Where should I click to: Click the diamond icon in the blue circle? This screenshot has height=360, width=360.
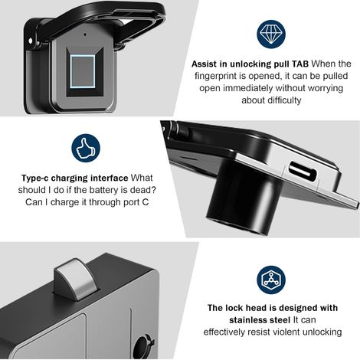[x=271, y=34]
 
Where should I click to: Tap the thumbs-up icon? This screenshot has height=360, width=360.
[x=86, y=148]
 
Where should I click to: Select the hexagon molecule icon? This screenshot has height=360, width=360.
[x=271, y=280]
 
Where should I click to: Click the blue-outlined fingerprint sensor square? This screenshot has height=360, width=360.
[x=83, y=71]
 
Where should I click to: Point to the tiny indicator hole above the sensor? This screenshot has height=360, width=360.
[x=85, y=34]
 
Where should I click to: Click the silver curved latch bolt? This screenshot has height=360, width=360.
[x=76, y=279]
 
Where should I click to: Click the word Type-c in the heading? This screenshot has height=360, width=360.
[x=35, y=178]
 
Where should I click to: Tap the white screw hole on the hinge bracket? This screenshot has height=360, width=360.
[x=31, y=41]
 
